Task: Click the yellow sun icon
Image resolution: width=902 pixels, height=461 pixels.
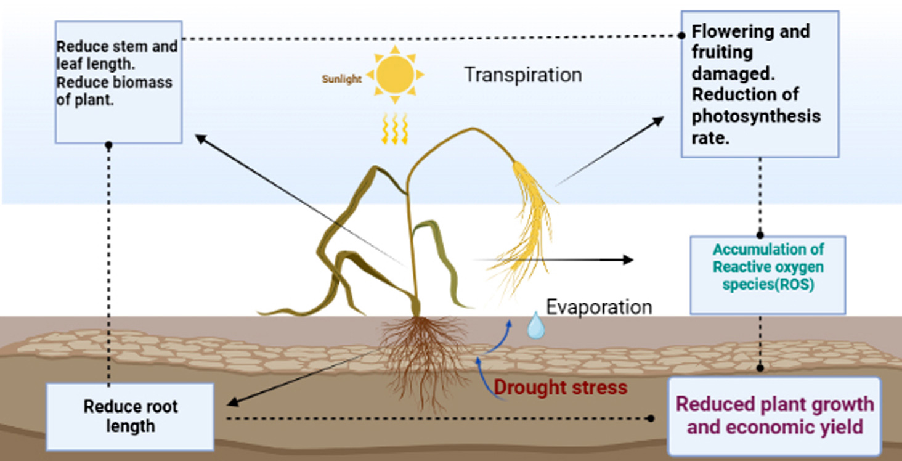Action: click(x=395, y=75)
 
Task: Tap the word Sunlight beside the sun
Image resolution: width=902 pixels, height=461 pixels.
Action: click(x=341, y=80)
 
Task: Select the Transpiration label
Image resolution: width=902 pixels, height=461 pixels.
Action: click(x=522, y=75)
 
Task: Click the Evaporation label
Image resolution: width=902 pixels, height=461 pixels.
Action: click(x=599, y=307)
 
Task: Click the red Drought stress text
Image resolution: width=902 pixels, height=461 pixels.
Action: click(x=560, y=388)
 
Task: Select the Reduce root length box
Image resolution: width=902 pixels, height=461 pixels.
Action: click(x=130, y=416)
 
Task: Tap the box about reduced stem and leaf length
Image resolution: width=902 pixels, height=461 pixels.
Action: click(x=118, y=81)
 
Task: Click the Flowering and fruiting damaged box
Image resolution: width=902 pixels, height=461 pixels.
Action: click(x=760, y=84)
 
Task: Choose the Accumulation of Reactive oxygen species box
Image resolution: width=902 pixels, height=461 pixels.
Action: click(x=768, y=274)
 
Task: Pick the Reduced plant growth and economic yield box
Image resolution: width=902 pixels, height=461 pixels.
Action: click(x=774, y=415)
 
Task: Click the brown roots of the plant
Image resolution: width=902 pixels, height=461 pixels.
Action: click(x=423, y=357)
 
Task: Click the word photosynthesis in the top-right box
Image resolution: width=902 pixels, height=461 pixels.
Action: click(x=756, y=116)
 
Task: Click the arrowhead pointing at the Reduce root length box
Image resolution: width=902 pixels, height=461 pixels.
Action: click(x=232, y=403)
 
